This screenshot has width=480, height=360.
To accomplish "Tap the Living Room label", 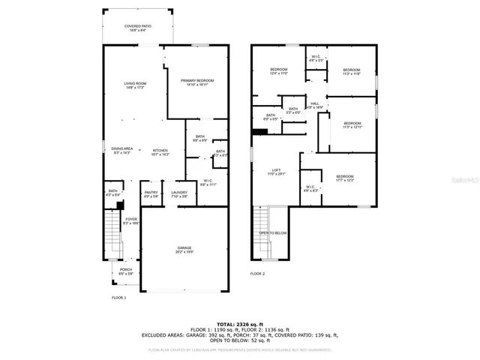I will pyautogui.click(x=135, y=85).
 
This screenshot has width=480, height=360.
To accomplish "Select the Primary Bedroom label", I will pyautogui.click(x=196, y=82).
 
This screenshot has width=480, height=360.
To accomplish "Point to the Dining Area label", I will pyautogui.click(x=121, y=151).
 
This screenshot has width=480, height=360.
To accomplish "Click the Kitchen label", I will pyautogui.click(x=161, y=151).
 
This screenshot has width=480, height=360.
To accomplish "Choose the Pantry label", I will pyautogui.click(x=151, y=194).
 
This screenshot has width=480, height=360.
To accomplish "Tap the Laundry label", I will pyautogui.click(x=179, y=194).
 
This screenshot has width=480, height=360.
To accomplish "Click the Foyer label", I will pyautogui.click(x=130, y=220).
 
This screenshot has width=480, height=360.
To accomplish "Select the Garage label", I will pyautogui.click(x=184, y=250).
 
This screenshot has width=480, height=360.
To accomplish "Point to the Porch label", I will pyautogui.click(x=126, y=271).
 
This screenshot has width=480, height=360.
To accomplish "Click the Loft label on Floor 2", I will pyautogui.click(x=277, y=172).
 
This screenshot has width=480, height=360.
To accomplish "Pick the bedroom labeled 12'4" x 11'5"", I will pyautogui.click(x=279, y=70).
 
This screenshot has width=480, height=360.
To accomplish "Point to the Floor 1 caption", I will pyautogui.click(x=118, y=298).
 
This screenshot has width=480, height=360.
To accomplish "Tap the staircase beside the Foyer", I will pyautogui.click(x=110, y=225).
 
